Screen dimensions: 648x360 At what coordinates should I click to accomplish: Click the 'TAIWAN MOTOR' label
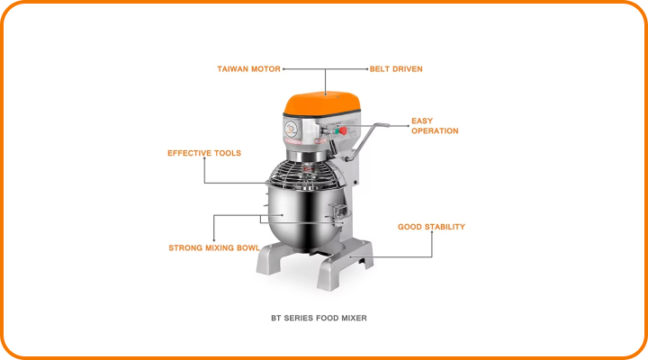(248, 69)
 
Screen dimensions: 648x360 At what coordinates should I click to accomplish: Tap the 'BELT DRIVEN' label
(396, 69)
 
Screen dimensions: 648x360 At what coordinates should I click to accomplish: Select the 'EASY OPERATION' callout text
(435, 126)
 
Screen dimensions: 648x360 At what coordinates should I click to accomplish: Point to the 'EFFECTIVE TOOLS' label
(204, 153)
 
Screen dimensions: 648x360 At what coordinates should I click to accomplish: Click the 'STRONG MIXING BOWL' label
(214, 248)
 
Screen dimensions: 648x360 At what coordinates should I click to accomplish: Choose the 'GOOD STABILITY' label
(431, 227)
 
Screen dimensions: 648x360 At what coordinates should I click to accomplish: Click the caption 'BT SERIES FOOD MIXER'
(319, 319)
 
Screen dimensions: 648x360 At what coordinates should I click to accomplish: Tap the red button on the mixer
(343, 131)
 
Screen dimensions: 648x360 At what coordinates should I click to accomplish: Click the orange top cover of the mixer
(322, 103)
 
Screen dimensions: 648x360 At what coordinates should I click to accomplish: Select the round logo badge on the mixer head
(291, 129)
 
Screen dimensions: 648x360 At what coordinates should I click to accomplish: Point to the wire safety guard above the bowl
(306, 175)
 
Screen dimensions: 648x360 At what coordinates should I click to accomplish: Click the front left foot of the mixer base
(272, 258)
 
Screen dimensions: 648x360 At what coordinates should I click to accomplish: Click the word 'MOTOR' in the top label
(266, 69)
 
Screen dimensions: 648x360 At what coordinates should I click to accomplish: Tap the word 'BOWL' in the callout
(248, 248)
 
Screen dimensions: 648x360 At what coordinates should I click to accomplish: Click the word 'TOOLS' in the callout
(228, 153)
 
